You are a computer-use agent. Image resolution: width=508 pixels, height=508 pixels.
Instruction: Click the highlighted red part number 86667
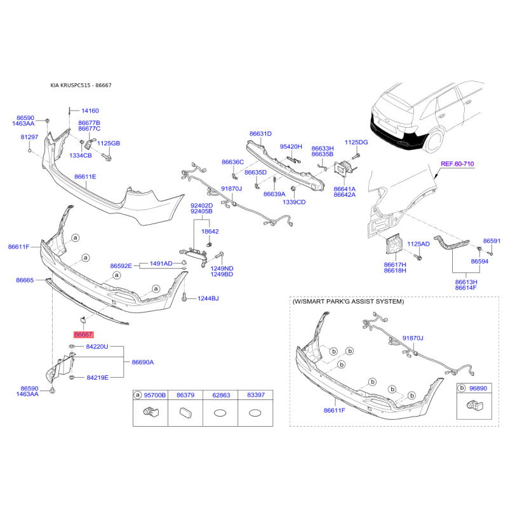click(x=83, y=335)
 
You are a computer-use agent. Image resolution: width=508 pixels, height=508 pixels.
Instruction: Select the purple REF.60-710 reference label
click(x=457, y=164)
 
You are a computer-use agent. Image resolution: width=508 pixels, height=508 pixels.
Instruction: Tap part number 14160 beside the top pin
click(x=90, y=110)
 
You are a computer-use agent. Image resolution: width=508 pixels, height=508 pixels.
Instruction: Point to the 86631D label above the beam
click(x=260, y=134)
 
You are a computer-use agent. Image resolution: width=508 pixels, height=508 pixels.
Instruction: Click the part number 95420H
click(x=291, y=147)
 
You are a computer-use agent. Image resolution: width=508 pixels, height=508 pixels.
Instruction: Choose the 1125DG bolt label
click(x=356, y=142)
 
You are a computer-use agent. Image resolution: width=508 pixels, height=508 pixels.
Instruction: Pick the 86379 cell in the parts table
click(x=185, y=395)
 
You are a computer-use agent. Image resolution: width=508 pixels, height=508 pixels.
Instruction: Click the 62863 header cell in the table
click(x=221, y=395)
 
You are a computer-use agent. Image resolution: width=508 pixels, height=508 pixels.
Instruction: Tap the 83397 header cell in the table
click(x=256, y=395)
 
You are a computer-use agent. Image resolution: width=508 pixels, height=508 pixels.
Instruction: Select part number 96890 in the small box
click(x=478, y=389)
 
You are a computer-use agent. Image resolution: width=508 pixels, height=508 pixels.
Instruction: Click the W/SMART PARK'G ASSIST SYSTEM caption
click(x=348, y=302)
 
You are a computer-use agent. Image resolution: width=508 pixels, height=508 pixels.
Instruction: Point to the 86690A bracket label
click(x=142, y=362)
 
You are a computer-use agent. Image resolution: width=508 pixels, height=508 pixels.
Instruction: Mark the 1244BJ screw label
click(x=208, y=298)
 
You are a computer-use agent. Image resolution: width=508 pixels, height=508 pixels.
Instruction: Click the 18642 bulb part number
click(x=210, y=232)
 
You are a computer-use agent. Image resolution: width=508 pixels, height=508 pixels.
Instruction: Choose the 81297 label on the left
click(x=29, y=137)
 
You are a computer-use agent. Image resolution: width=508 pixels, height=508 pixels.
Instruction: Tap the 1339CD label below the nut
click(x=294, y=202)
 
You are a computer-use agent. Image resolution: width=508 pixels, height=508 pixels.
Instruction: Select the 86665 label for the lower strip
click(x=25, y=280)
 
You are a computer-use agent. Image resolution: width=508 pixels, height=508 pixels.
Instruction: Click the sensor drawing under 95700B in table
click(x=150, y=411)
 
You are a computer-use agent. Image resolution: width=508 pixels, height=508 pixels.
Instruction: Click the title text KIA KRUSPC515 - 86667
click(x=81, y=86)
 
